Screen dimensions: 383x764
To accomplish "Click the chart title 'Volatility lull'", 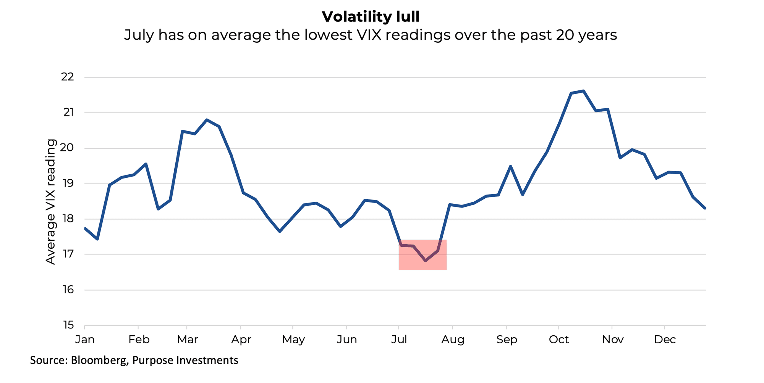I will pos(371,16).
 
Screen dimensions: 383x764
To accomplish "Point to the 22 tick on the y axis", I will pos(67,77).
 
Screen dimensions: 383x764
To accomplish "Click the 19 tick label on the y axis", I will pos(68,183).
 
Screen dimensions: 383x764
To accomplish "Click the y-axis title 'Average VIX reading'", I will pos(51,201).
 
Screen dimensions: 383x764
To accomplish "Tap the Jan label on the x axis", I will pos(85,340).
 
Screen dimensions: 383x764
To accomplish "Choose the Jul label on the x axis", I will pos(399,340).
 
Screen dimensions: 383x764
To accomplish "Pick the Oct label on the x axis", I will pos(558,340).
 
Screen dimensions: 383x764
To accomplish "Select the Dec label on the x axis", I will pos(665,340).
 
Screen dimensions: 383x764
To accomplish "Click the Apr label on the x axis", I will pos(241,340).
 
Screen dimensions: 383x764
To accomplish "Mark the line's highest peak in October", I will pos(583,91).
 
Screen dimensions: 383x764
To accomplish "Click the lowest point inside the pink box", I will pos(426,261).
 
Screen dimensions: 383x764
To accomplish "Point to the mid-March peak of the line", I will pos(207,120).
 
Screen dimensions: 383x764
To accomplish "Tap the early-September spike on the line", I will pos(510,166).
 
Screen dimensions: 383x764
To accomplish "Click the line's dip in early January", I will pos(97,239).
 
